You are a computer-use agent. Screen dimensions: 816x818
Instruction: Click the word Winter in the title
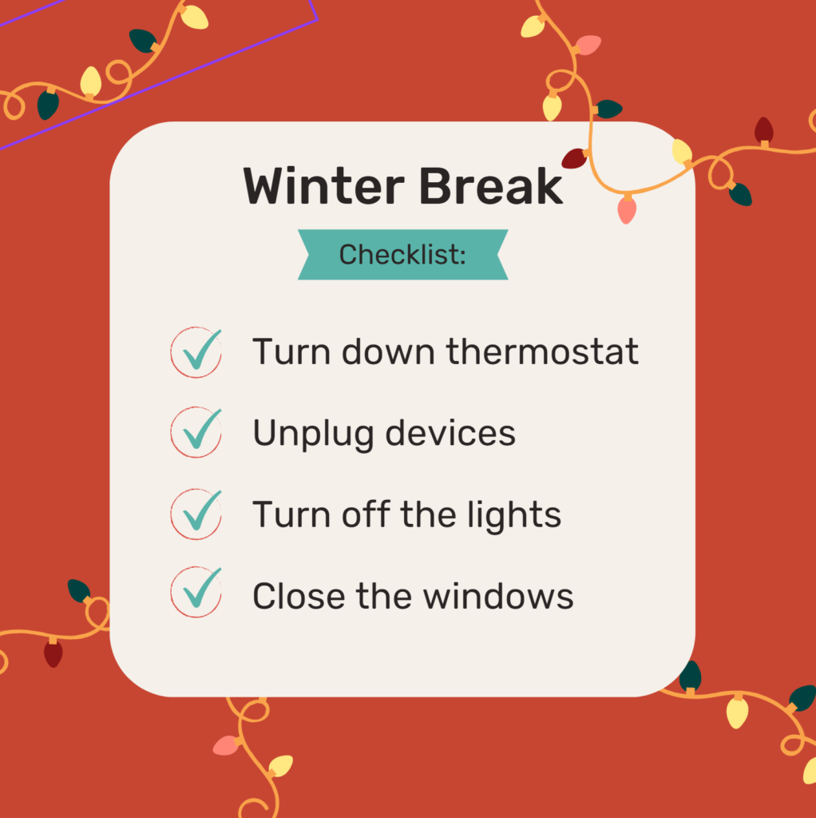[x=324, y=186]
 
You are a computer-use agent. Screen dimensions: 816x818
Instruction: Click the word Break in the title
[x=491, y=186]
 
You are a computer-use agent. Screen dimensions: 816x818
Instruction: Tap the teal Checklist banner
[x=402, y=255]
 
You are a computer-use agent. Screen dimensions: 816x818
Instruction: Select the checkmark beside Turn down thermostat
[x=202, y=350]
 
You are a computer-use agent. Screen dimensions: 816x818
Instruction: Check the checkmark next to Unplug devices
[x=202, y=430]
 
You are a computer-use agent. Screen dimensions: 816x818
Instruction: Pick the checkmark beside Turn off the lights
[x=202, y=511]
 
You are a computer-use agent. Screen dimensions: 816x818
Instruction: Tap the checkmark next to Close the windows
[x=202, y=589]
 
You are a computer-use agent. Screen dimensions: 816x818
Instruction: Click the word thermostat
[x=542, y=351]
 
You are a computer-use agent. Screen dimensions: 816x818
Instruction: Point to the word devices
[x=450, y=432]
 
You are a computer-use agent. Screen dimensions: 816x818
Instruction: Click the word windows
[x=498, y=596]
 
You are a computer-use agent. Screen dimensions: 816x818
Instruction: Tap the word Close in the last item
[x=299, y=596]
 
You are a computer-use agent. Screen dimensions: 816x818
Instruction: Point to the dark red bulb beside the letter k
[x=575, y=158]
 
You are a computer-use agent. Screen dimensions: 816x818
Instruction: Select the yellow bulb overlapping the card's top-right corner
[x=682, y=152]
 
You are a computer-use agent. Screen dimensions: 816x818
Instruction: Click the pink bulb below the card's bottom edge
[x=226, y=745]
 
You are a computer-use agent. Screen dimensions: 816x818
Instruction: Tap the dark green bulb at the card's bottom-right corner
[x=691, y=676]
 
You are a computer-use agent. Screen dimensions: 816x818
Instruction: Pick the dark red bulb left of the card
[x=53, y=653]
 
